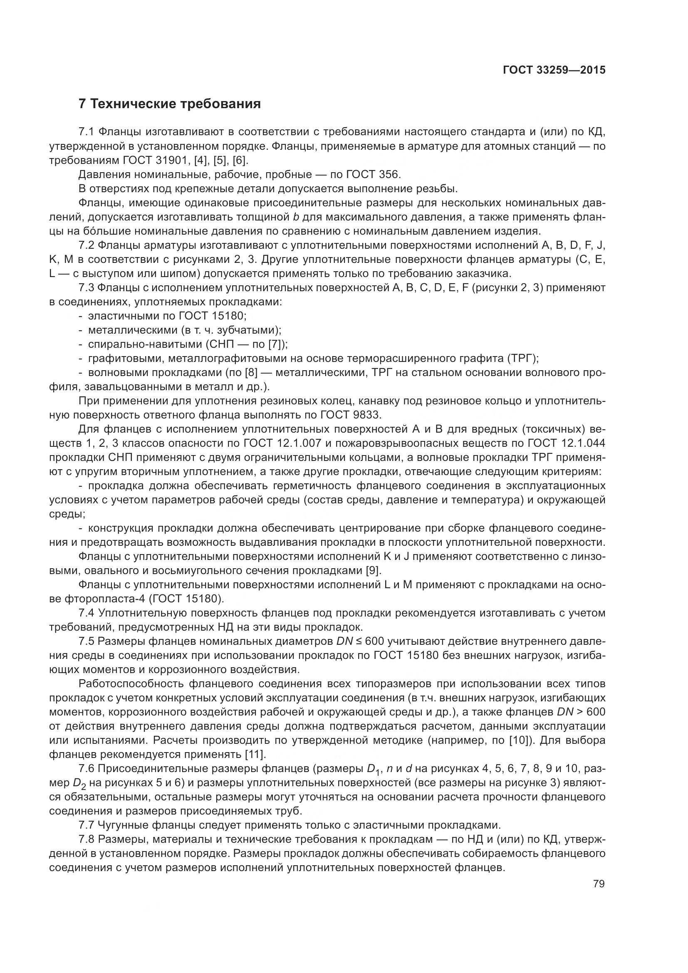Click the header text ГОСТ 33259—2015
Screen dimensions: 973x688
coord(554,70)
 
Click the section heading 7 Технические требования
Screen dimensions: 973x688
coord(169,104)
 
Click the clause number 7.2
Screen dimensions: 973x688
coord(86,245)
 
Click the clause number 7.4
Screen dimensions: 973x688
coord(86,613)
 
